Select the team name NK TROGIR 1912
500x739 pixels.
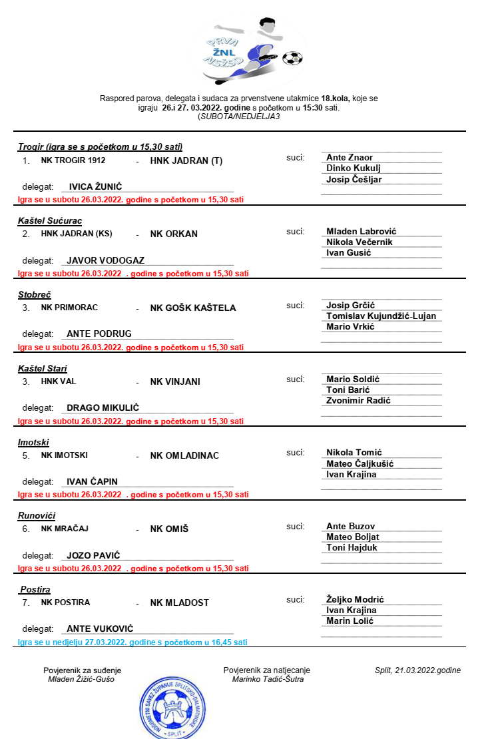pyautogui.click(x=73, y=160)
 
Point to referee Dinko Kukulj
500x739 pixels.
pyautogui.click(x=354, y=168)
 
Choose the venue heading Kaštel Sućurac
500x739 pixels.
pyautogui.click(x=50, y=220)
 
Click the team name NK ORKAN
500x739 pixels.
pyautogui.click(x=174, y=234)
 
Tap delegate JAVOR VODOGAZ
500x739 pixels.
pyautogui.click(x=105, y=261)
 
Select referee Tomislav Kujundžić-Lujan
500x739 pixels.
pyautogui.click(x=381, y=316)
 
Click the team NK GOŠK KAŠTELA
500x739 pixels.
pyautogui.click(x=193, y=308)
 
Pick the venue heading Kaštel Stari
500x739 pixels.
pyautogui.click(x=43, y=368)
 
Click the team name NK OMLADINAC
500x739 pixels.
pyautogui.click(x=184, y=455)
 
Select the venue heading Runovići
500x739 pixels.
pyautogui.click(x=37, y=515)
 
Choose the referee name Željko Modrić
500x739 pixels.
pyautogui.click(x=355, y=599)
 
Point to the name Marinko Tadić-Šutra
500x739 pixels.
pyautogui.click(x=268, y=679)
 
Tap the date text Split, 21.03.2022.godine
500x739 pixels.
pyautogui.click(x=417, y=670)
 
